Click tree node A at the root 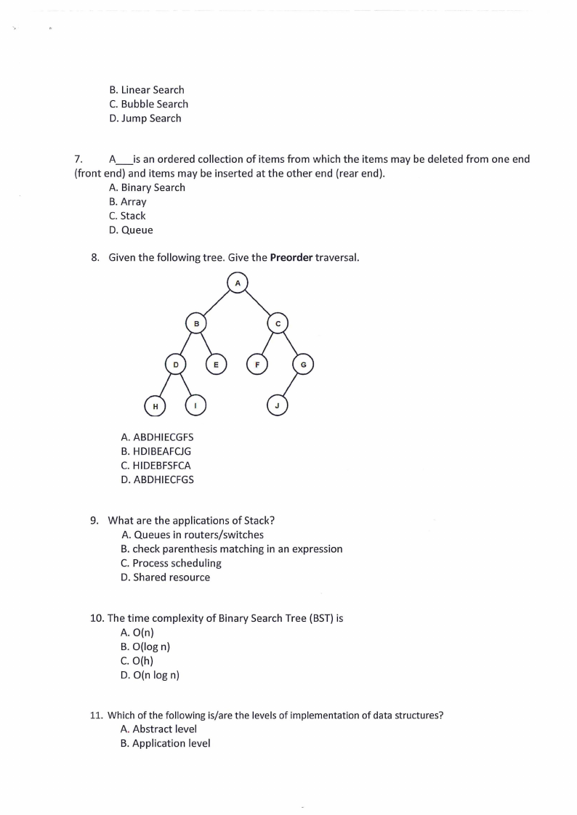pyautogui.click(x=237, y=282)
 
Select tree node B pyautogui.click(x=195, y=322)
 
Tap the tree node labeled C pyautogui.click(x=278, y=322)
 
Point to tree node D pyautogui.click(x=175, y=363)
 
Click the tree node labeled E pyautogui.click(x=216, y=363)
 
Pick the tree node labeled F pyautogui.click(x=257, y=363)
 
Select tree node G pyautogui.click(x=303, y=363)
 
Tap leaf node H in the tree pyautogui.click(x=154, y=405)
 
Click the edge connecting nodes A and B pyautogui.click(x=216, y=301)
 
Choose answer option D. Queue pyautogui.click(x=131, y=230)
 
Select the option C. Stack pyautogui.click(x=127, y=216)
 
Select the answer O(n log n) pyautogui.click(x=150, y=676)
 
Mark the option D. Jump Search pyautogui.click(x=145, y=118)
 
